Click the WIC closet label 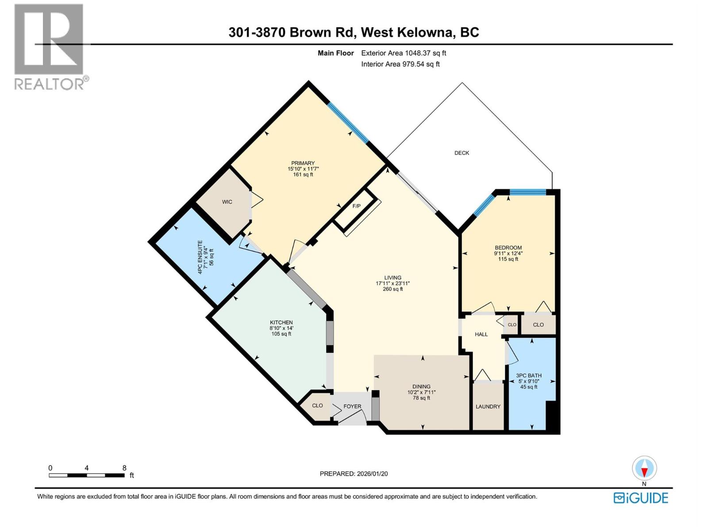pos(227,202)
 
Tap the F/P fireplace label pos(356,206)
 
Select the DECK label pos(462,153)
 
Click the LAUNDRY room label pos(488,407)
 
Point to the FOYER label pos(352,406)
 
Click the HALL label pos(481,335)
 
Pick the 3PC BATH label pos(529,376)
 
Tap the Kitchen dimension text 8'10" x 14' pos(281,328)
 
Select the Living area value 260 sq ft pos(392,289)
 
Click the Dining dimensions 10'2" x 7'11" pos(421,392)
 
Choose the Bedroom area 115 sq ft pos(508,259)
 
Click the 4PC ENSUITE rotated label pos(200,258)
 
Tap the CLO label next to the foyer pos(317,405)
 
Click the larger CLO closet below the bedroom pos(538,325)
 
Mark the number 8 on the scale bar pos(124,468)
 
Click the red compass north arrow pos(644,472)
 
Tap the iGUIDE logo pos(641,498)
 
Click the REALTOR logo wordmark pos(50,84)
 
